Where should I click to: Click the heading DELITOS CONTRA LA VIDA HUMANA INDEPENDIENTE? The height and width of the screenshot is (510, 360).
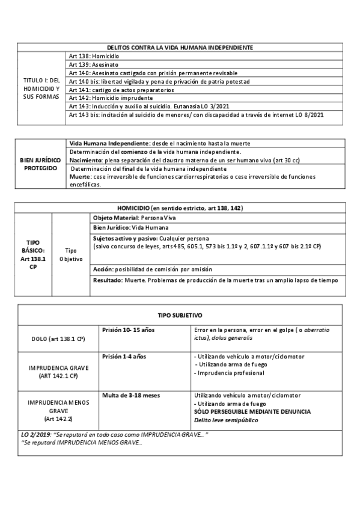pyautogui.click(x=179, y=47)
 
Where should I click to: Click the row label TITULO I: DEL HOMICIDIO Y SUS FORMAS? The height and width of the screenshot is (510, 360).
pyautogui.click(x=41, y=88)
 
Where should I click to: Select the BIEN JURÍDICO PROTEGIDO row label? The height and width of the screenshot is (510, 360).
pyautogui.click(x=38, y=164)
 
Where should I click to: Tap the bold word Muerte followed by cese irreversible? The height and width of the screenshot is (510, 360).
pyautogui.click(x=80, y=177)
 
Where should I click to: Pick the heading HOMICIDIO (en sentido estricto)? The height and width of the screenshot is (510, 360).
pyautogui.click(x=179, y=207)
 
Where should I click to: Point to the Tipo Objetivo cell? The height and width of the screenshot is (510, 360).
pyautogui.click(x=71, y=254)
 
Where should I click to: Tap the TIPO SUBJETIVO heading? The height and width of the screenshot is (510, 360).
pyautogui.click(x=179, y=315)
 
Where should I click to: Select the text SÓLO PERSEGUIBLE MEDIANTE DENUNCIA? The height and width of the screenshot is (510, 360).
pyautogui.click(x=252, y=411)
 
